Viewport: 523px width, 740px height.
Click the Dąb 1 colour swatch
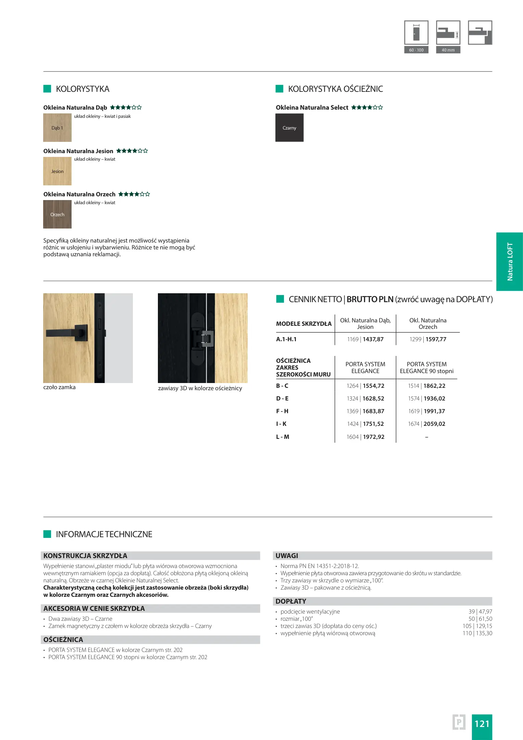click(57, 128)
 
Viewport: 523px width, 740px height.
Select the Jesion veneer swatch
click(57, 171)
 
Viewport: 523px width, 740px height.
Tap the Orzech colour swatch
click(57, 214)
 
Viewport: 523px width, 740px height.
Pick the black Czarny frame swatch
click(289, 128)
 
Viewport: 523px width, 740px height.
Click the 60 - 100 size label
click(416, 50)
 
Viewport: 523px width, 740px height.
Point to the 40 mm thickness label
click(448, 50)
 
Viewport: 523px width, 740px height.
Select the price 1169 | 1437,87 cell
click(365, 339)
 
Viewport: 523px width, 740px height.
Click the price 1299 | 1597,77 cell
click(428, 339)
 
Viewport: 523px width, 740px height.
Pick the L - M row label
click(283, 437)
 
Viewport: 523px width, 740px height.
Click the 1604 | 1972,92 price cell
click(365, 437)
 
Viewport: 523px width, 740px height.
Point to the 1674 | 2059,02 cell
click(426, 424)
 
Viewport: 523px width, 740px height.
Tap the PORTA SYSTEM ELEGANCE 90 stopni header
click(426, 368)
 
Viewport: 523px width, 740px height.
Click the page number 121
click(482, 724)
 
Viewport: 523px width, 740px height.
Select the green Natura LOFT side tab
click(510, 262)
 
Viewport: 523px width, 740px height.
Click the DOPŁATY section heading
click(291, 601)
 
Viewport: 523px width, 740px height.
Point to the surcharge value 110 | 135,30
click(477, 633)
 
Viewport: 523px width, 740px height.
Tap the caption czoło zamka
click(59, 387)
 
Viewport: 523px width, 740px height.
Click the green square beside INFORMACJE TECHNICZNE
click(47, 534)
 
